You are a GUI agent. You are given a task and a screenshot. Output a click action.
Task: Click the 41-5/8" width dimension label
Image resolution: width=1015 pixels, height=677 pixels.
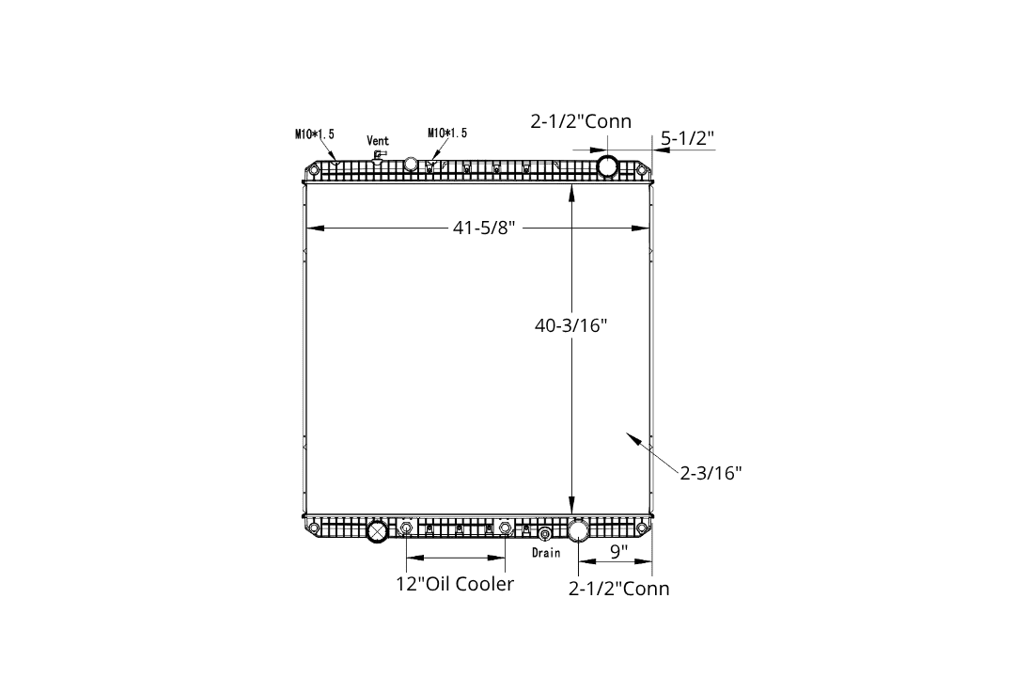click(484, 228)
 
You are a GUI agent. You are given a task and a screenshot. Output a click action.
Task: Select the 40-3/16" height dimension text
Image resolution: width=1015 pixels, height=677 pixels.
click(571, 325)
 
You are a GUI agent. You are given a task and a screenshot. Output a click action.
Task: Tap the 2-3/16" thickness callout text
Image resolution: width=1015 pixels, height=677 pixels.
click(710, 473)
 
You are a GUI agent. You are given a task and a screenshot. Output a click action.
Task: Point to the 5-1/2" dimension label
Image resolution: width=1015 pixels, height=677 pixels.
click(687, 138)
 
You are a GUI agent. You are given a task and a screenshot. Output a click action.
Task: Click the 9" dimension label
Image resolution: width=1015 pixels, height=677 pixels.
click(618, 551)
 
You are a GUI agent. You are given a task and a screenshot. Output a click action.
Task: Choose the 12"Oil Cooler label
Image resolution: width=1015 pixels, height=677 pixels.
click(455, 584)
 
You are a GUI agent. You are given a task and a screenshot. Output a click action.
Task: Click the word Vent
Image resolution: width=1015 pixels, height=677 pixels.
click(378, 141)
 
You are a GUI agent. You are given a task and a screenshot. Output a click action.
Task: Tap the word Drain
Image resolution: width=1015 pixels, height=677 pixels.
click(546, 553)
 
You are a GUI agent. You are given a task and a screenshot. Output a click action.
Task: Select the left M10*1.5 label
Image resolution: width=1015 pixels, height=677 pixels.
click(315, 134)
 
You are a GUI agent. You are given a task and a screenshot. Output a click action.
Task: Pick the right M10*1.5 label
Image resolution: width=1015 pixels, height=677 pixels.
click(447, 133)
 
